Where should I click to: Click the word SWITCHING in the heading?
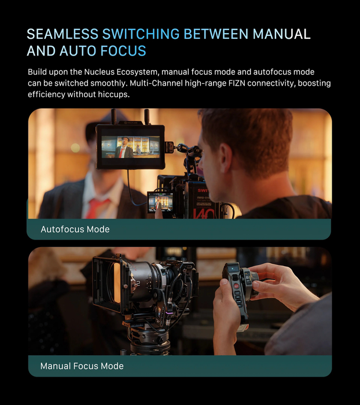[141, 34]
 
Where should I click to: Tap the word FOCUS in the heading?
[123, 51]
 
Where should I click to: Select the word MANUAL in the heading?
[281, 34]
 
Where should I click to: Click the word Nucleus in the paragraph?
[99, 72]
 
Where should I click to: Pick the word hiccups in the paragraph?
[113, 94]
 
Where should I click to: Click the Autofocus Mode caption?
[75, 229]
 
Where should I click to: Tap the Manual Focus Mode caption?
[82, 366]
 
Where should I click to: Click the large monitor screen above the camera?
[130, 147]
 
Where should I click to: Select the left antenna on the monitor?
[113, 116]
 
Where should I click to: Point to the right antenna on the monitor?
[147, 117]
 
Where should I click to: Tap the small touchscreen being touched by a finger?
[160, 203]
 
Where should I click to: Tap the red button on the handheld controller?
[236, 286]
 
